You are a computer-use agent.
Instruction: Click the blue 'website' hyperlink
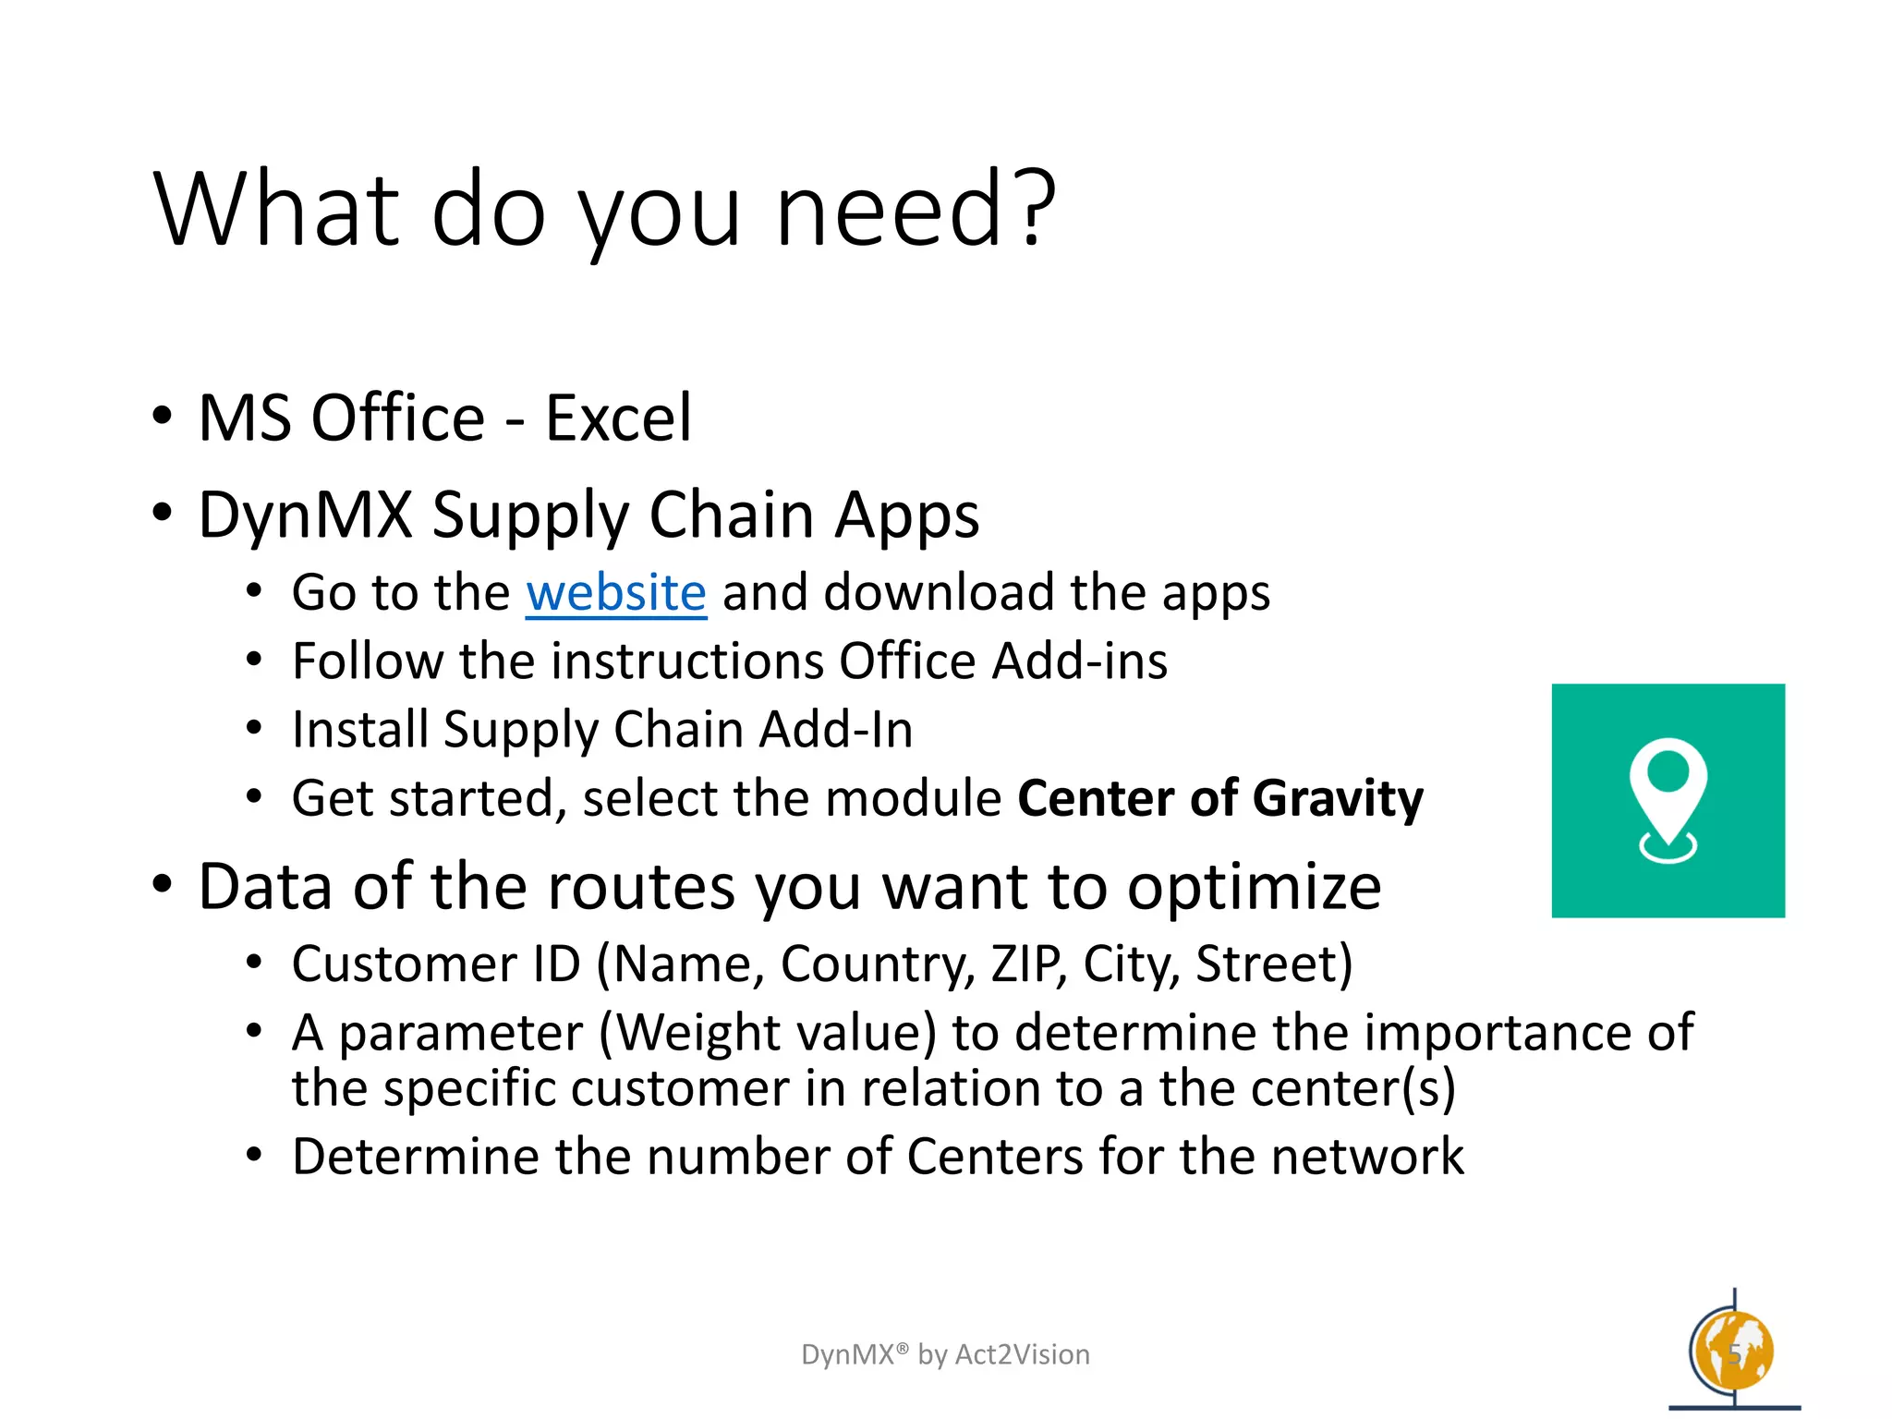pyautogui.click(x=616, y=592)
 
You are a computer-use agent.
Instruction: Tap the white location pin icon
pyautogui.click(x=1668, y=796)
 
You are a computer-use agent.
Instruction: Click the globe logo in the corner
pyautogui.click(x=1732, y=1352)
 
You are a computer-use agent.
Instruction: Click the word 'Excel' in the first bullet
pyautogui.click(x=617, y=418)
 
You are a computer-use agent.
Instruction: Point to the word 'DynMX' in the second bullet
pyautogui.click(x=305, y=515)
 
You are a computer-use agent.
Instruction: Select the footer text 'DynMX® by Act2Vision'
pyautogui.click(x=945, y=1354)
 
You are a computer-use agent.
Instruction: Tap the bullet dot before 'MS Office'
pyautogui.click(x=163, y=416)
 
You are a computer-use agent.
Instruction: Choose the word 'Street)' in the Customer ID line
pyautogui.click(x=1273, y=964)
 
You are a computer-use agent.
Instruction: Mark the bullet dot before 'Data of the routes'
pyautogui.click(x=163, y=884)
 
